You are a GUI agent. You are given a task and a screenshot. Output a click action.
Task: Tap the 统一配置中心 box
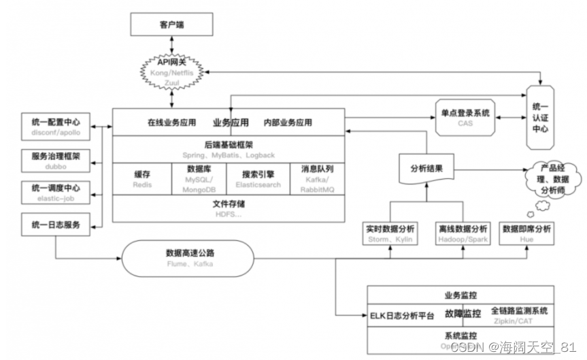(x=56, y=127)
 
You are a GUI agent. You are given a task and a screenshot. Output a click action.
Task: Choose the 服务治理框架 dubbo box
(x=56, y=160)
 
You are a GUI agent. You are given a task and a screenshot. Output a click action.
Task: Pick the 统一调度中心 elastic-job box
(x=56, y=193)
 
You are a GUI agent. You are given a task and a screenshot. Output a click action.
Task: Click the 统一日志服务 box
(x=56, y=225)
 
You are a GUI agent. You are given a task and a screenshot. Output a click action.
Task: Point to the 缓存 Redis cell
(x=141, y=179)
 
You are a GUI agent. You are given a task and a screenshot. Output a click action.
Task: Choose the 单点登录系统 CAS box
(x=465, y=117)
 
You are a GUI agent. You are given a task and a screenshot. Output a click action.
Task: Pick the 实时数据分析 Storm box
(x=390, y=233)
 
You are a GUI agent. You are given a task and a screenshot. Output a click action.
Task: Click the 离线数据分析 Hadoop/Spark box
(x=462, y=233)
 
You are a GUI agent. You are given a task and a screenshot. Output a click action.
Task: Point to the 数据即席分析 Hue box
(x=526, y=233)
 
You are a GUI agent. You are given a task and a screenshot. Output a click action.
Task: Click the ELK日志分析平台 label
(x=401, y=316)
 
